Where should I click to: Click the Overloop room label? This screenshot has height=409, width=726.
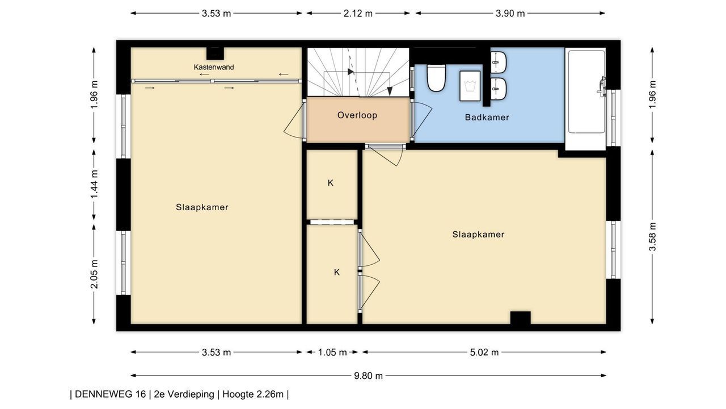pyautogui.click(x=357, y=115)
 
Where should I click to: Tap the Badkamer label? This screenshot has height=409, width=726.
pyautogui.click(x=487, y=117)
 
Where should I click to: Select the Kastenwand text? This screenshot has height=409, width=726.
pyautogui.click(x=214, y=67)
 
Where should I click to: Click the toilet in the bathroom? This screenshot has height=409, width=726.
pyautogui.click(x=436, y=78)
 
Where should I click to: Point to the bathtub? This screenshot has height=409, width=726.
pyautogui.click(x=586, y=91)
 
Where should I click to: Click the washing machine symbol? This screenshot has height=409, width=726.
pyautogui.click(x=470, y=86)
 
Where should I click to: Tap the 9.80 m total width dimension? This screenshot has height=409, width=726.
pyautogui.click(x=368, y=376)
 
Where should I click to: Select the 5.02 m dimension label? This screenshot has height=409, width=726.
pyautogui.click(x=484, y=352)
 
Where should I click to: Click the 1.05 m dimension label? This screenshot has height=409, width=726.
pyautogui.click(x=332, y=352)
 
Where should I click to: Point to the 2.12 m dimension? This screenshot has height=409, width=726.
pyautogui.click(x=358, y=13)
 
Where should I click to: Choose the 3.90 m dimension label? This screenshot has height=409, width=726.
pyautogui.click(x=510, y=13)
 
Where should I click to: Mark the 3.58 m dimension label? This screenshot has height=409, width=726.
pyautogui.click(x=652, y=237)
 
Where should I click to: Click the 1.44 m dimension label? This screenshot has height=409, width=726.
pyautogui.click(x=94, y=185)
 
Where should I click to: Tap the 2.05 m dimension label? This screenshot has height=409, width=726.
pyautogui.click(x=94, y=274)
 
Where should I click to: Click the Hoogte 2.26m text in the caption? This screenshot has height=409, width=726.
pyautogui.click(x=253, y=394)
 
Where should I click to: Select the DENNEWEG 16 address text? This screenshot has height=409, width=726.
pyautogui.click(x=110, y=394)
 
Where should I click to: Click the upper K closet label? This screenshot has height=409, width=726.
pyautogui.click(x=330, y=183)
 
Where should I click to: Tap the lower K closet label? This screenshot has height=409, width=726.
pyautogui.click(x=337, y=272)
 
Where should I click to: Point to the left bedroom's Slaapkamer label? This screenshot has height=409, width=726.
pyautogui.click(x=202, y=207)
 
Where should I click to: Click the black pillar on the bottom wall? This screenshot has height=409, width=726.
pyautogui.click(x=521, y=318)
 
